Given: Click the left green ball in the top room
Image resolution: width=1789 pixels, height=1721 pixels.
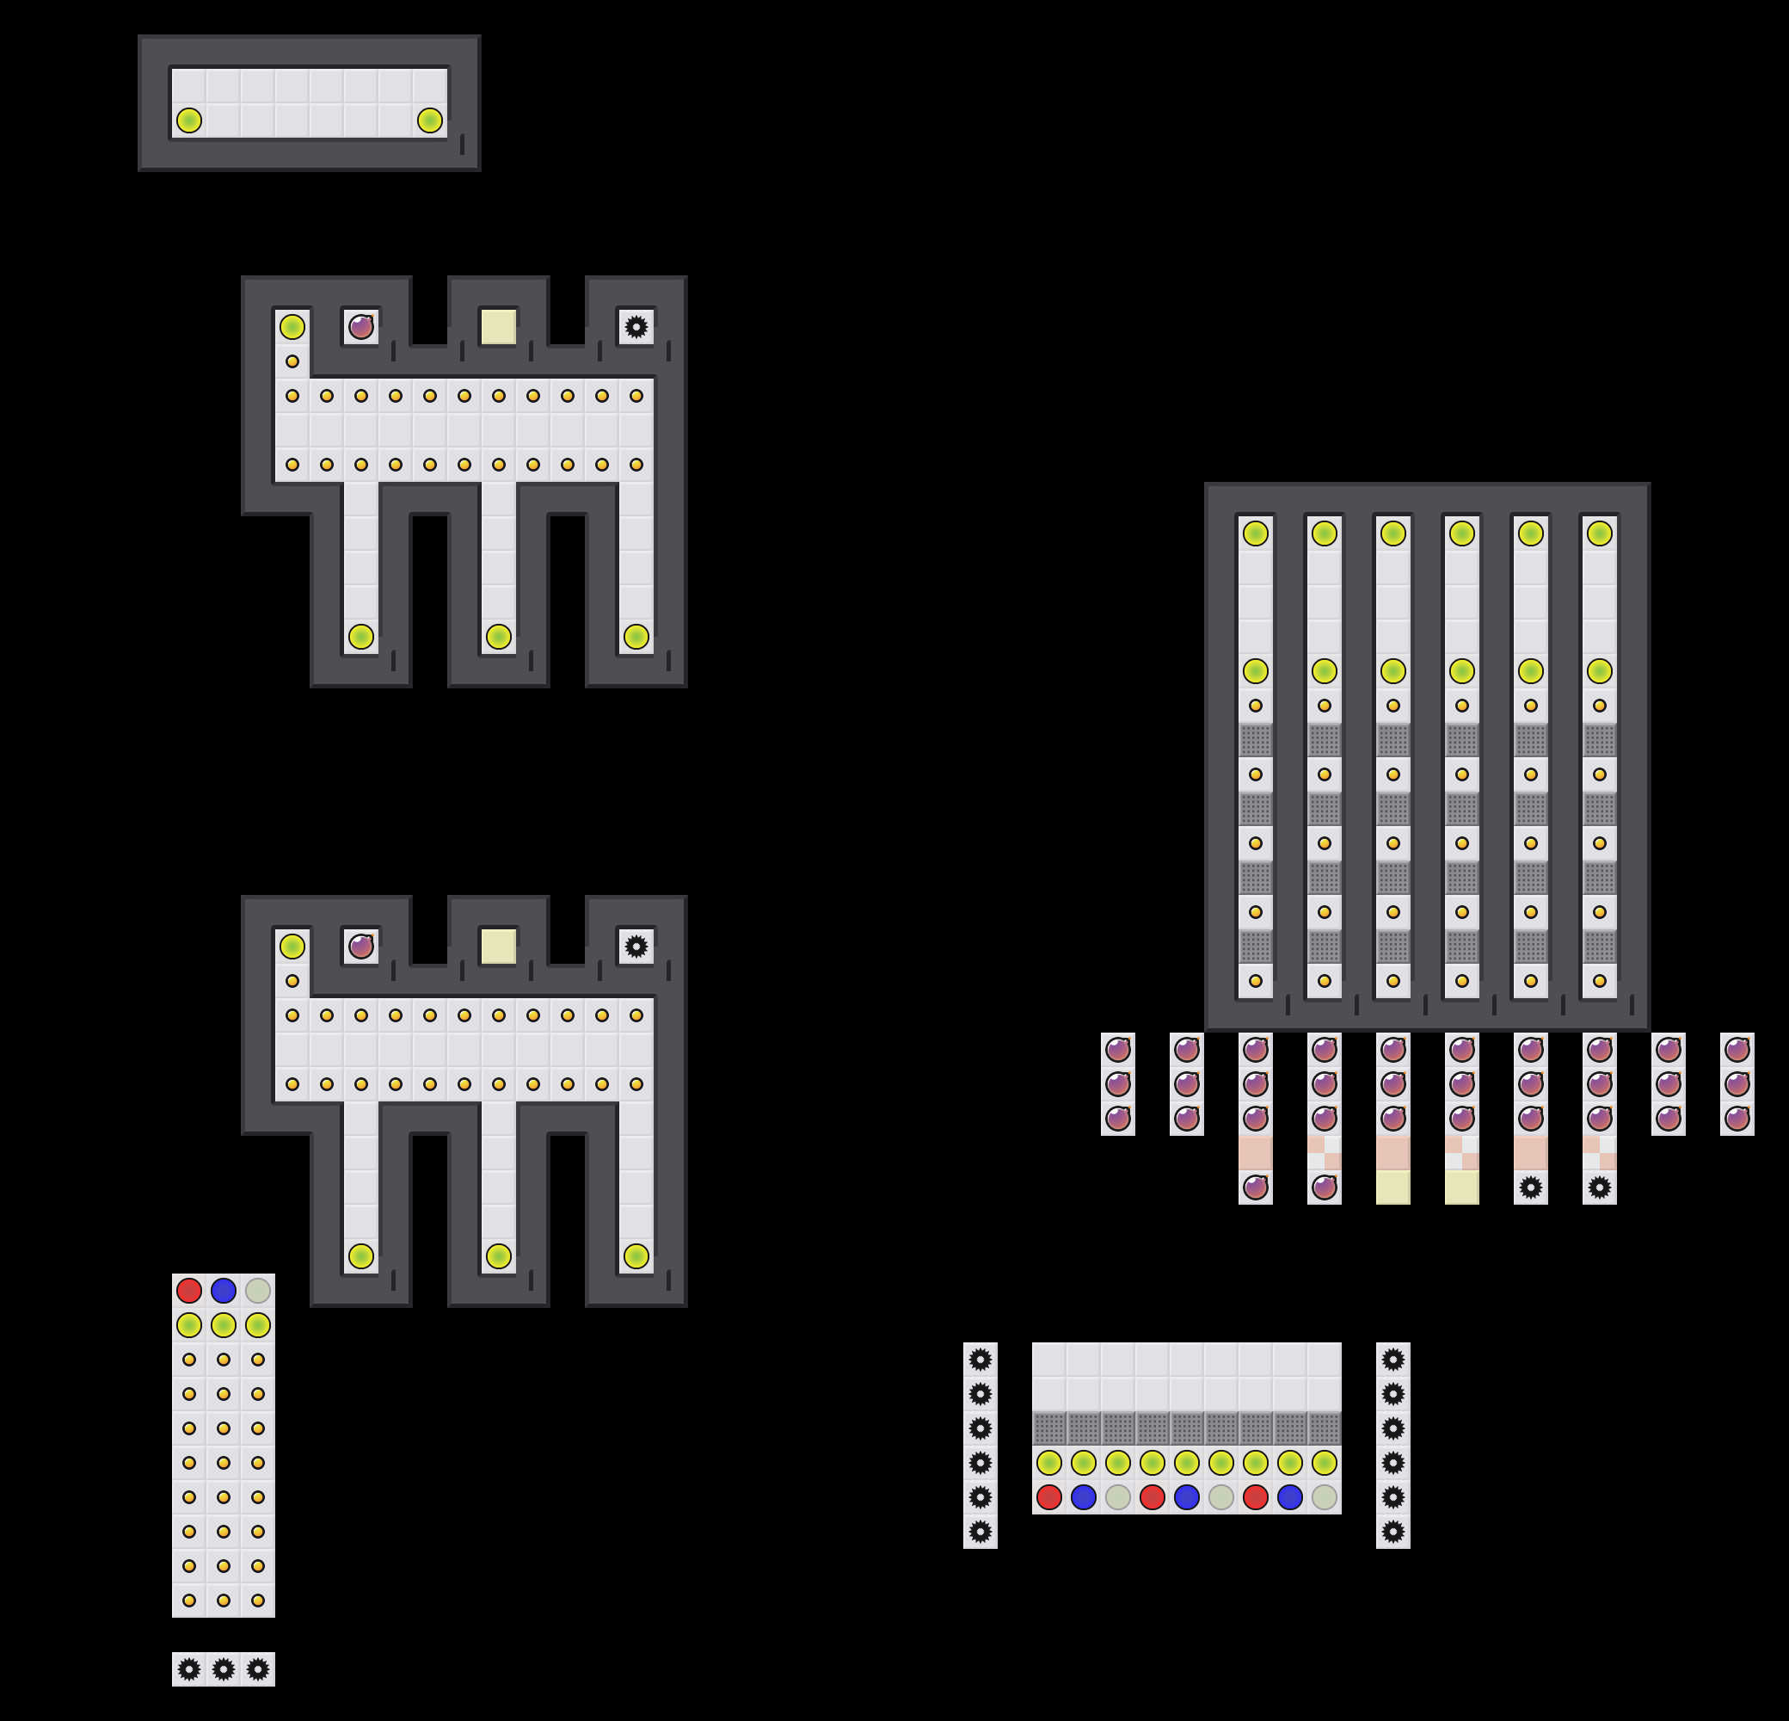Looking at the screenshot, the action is point(189,120).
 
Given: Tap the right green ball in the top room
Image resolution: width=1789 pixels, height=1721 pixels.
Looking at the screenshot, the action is point(430,120).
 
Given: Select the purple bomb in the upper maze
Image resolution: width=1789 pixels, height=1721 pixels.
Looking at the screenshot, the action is point(361,327).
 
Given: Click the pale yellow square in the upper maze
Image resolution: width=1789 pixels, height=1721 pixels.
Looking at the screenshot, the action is point(498,327).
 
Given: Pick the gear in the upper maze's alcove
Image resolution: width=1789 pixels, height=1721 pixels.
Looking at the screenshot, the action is point(636,327).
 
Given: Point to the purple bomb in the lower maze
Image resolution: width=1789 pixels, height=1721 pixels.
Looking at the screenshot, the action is point(361,946).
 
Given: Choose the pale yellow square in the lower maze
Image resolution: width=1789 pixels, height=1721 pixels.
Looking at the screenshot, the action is point(498,946).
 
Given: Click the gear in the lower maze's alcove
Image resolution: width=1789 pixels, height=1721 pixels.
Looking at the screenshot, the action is point(636,946).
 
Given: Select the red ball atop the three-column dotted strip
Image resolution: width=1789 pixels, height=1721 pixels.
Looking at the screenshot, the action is point(189,1290).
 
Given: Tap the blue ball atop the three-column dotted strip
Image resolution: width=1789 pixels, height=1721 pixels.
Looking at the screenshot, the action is point(224,1290).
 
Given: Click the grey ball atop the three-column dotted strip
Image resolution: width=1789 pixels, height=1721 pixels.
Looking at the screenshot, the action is point(258,1290).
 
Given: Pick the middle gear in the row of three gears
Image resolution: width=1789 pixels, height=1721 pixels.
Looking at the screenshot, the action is point(224,1670).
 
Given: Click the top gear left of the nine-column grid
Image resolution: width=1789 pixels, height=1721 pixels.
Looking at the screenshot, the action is point(981,1360).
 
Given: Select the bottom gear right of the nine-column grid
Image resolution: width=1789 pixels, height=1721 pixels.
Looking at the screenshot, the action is point(1392,1531).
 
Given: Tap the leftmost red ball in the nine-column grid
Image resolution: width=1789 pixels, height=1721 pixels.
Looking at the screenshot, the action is point(1049,1497).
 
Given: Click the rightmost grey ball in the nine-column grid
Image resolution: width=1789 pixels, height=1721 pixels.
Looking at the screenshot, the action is point(1325,1497).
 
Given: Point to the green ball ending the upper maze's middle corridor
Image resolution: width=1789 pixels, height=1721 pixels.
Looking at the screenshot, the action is point(498,637).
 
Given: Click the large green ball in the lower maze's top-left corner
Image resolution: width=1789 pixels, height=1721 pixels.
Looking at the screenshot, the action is point(292,946).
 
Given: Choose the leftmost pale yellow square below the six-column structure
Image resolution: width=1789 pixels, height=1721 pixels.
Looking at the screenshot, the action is point(1392,1187).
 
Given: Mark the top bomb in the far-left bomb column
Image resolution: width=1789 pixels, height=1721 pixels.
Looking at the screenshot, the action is point(1118,1050).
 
